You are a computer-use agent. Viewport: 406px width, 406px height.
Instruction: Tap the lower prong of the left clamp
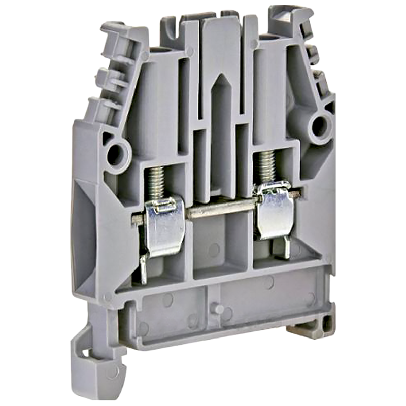(x=144, y=269)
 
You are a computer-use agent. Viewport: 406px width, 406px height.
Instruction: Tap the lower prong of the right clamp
(x=287, y=247)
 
